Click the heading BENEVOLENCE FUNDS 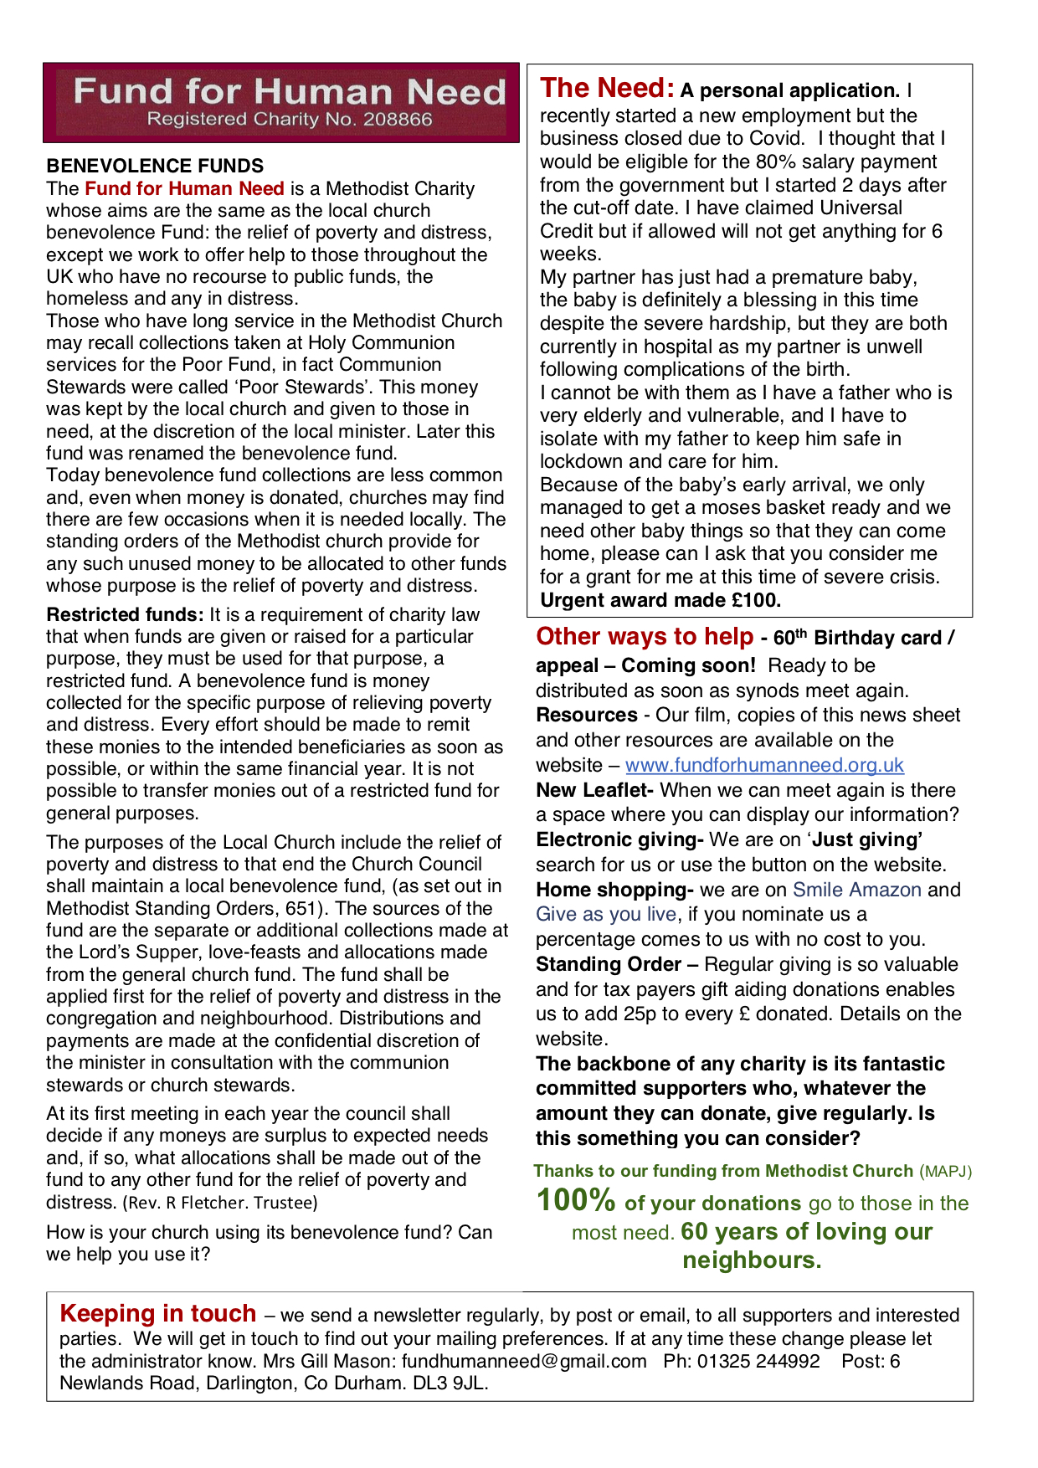click(x=155, y=166)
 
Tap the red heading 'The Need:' click(x=607, y=88)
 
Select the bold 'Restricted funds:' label click(x=125, y=615)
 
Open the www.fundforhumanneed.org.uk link click(x=764, y=765)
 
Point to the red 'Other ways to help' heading click(x=645, y=637)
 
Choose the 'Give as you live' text click(x=606, y=914)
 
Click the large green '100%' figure click(x=576, y=1201)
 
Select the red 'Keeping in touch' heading click(x=157, y=1314)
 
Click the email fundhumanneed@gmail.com click(x=524, y=1361)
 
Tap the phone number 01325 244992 click(x=758, y=1361)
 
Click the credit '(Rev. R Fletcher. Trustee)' click(x=220, y=1203)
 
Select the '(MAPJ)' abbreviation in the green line click(x=945, y=1172)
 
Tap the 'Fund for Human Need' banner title click(x=289, y=91)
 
